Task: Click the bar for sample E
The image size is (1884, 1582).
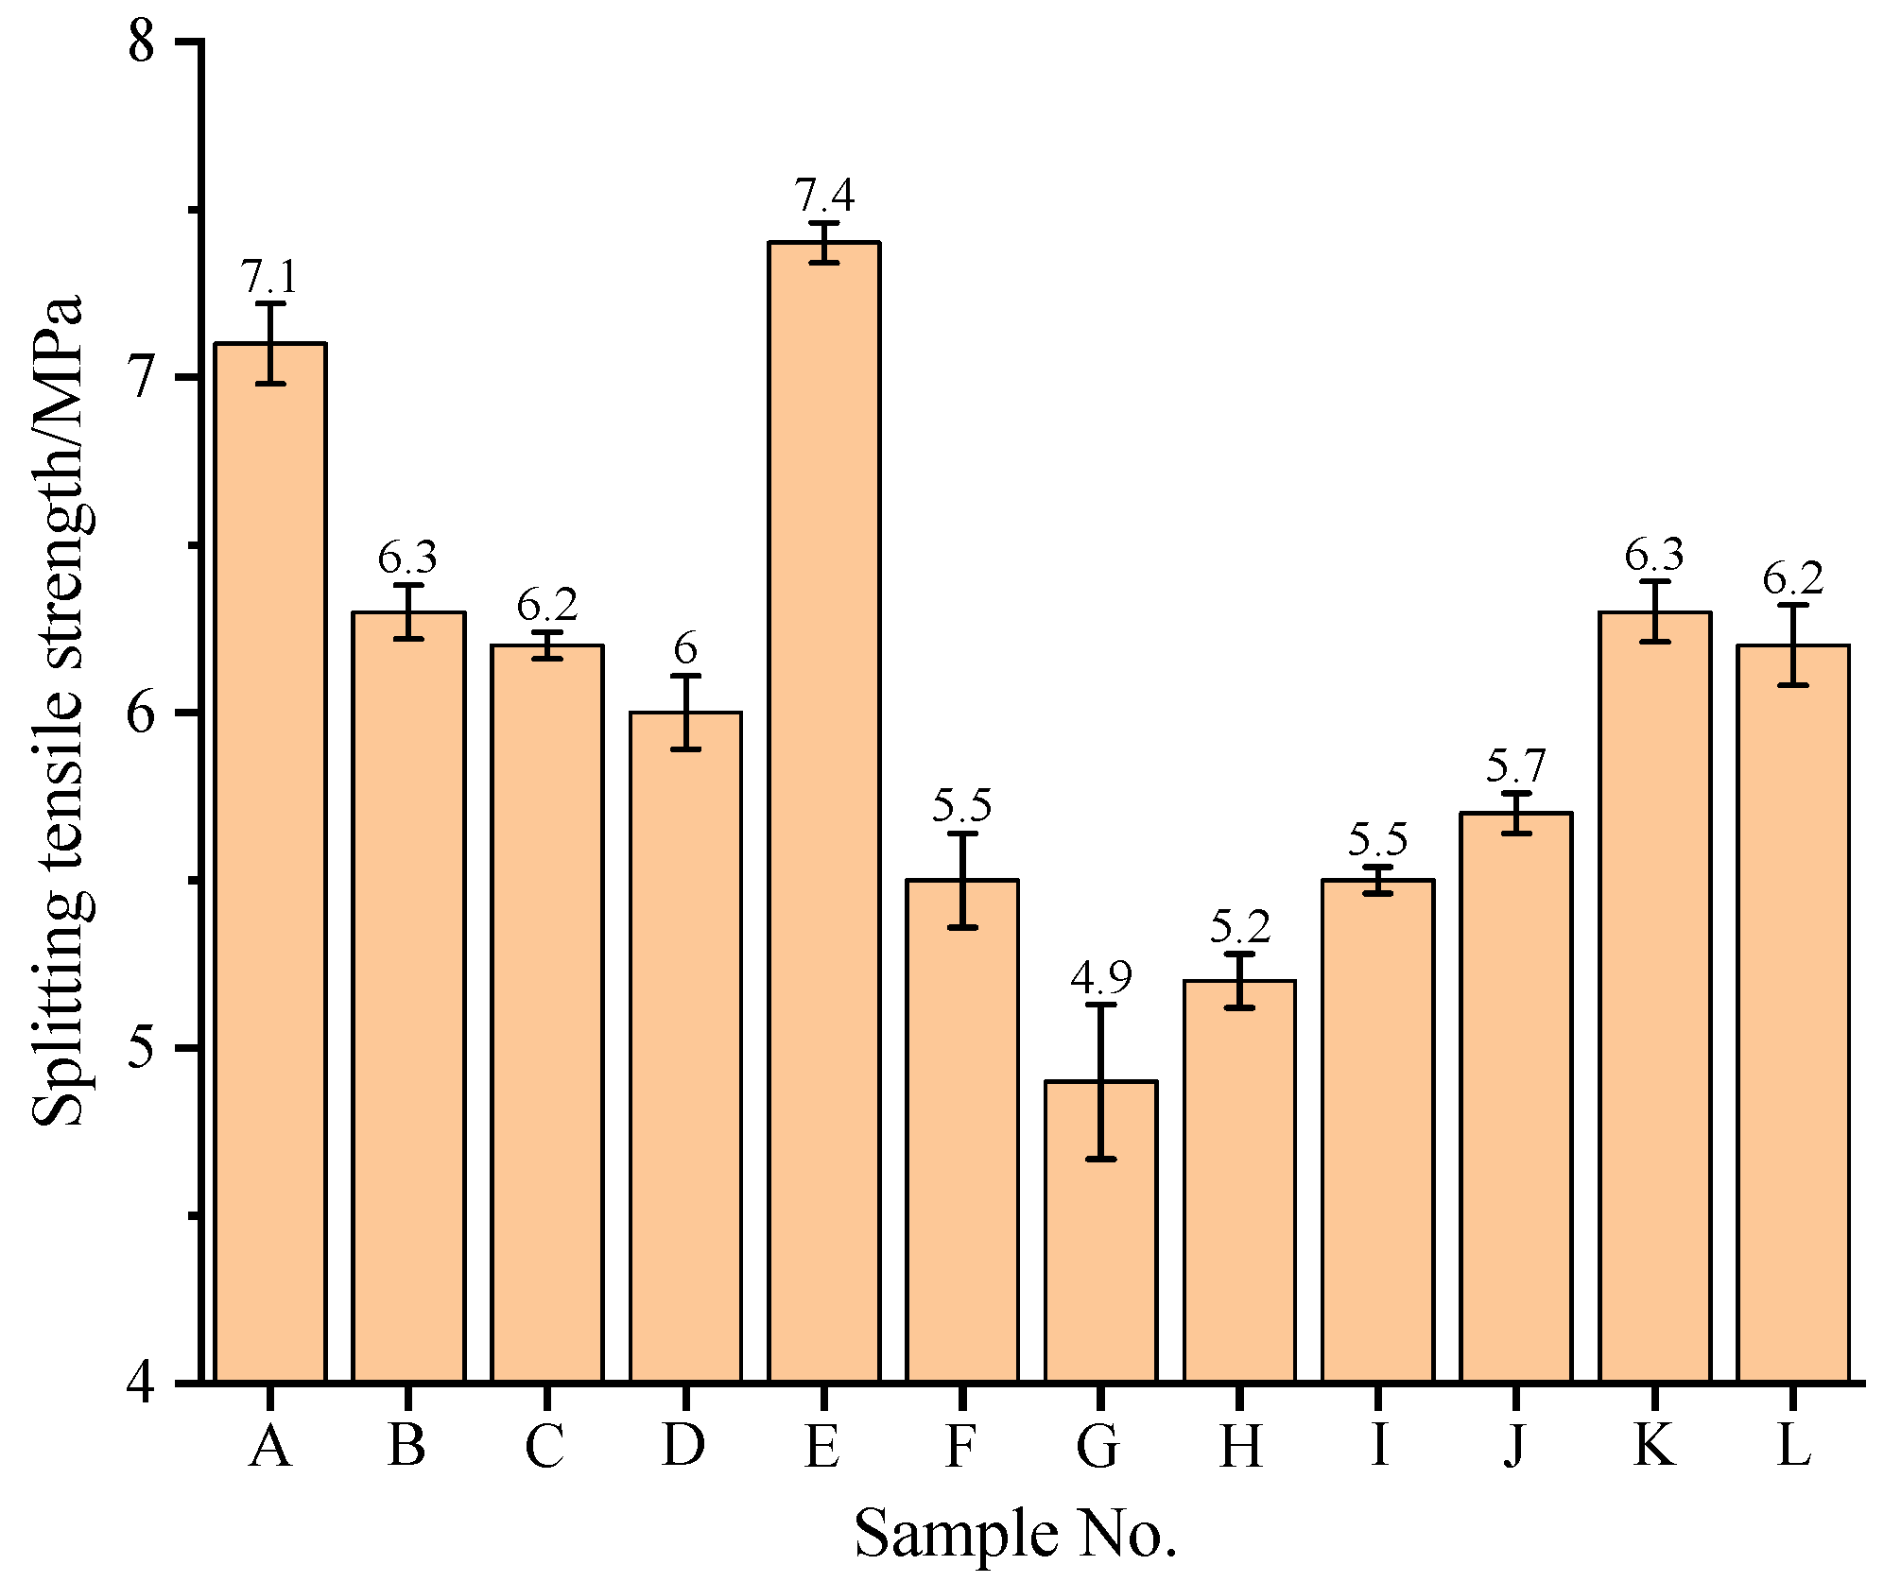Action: pos(823,813)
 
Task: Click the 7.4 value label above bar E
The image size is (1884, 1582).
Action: pos(823,196)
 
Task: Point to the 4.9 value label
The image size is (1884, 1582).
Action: pos(1100,977)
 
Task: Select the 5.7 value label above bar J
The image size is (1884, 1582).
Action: pos(1515,765)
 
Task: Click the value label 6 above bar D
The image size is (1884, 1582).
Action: pos(685,649)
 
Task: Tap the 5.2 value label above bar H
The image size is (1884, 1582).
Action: pos(1239,927)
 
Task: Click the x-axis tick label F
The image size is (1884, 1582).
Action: pos(960,1446)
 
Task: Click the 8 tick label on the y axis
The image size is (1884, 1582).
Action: pos(142,42)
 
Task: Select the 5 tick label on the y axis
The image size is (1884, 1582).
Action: pos(142,1048)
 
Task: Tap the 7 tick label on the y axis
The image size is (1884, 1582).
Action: pos(142,378)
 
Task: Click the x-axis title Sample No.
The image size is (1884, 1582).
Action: pos(1016,1534)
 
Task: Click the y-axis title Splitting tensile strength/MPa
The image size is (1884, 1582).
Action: pos(59,712)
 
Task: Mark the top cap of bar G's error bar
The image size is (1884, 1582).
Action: pos(1100,1005)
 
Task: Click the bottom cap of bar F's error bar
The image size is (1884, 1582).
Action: pos(962,928)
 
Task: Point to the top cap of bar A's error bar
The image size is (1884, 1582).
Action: pos(270,303)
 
